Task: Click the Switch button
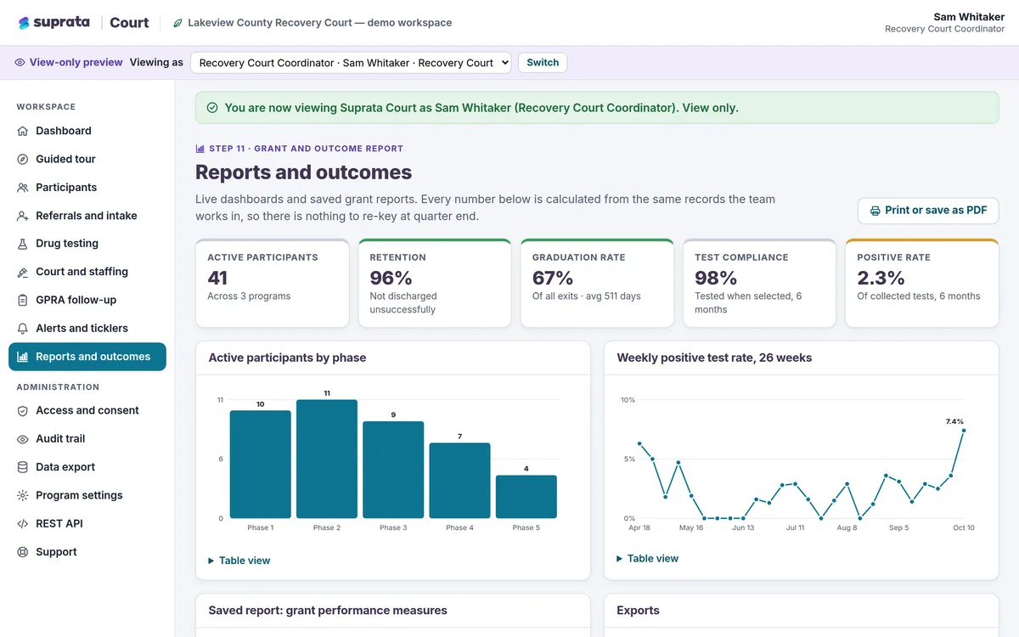[543, 62]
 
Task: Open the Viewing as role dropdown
[351, 62]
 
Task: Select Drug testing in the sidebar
[67, 244]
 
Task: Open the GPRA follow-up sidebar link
[76, 300]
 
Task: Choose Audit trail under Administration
[60, 438]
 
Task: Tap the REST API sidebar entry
[59, 524]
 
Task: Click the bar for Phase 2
[327, 459]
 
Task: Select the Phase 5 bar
[526, 496]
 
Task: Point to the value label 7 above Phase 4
[459, 437]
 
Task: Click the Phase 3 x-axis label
[393, 527]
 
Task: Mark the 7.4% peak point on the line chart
[964, 431]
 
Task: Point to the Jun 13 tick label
[743, 527]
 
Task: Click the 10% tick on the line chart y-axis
[628, 400]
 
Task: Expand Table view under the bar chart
[239, 561]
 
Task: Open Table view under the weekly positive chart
[647, 558]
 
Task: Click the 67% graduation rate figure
[552, 278]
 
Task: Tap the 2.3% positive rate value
[881, 278]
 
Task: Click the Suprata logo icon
[24, 23]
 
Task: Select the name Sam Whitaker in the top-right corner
[969, 17]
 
